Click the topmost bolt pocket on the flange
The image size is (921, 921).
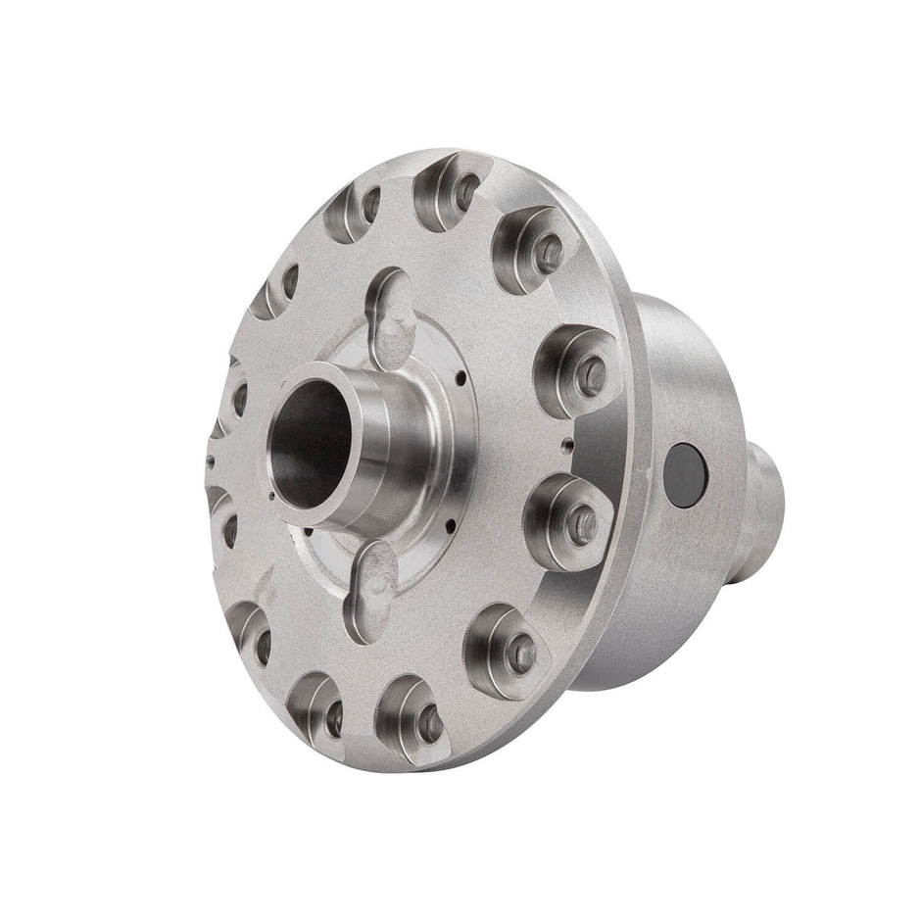tap(448, 188)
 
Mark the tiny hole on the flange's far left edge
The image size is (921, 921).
tap(210, 457)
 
